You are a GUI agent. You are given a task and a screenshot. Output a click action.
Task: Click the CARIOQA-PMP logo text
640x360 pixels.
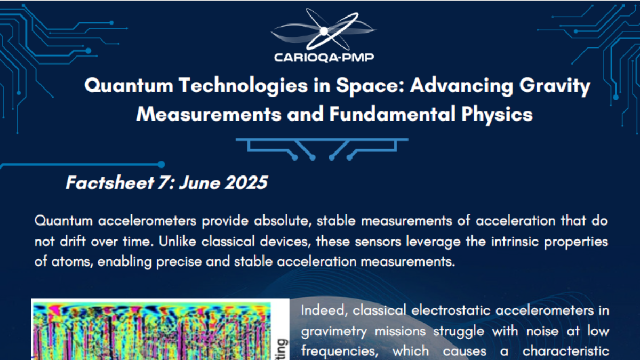click(x=324, y=58)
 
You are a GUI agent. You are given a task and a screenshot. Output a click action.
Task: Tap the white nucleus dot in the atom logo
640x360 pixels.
click(x=324, y=31)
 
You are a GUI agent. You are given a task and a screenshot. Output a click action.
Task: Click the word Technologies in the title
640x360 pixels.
click(x=243, y=86)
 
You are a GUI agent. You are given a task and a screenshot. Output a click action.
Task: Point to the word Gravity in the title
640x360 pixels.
click(x=555, y=86)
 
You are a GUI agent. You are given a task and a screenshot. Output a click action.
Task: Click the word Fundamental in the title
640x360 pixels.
click(x=393, y=114)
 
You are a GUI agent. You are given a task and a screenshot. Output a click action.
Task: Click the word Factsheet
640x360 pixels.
click(x=110, y=182)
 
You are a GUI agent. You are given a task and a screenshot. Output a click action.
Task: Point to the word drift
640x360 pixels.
click(x=73, y=242)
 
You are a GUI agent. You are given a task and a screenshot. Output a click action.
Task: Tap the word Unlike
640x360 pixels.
click(x=178, y=242)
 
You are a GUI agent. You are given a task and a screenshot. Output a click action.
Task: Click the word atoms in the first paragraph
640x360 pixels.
click(x=73, y=262)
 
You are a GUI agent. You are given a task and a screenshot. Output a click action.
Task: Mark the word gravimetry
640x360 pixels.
click(x=334, y=332)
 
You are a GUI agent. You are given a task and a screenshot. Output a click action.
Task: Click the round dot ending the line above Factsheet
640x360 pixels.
click(x=162, y=164)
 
